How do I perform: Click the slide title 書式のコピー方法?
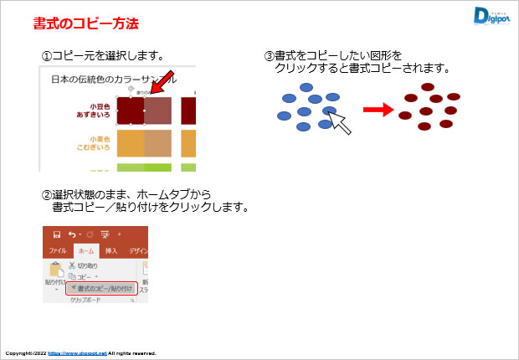tap(85, 23)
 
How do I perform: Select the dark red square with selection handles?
tap(131, 111)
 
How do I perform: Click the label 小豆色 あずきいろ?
tap(90, 111)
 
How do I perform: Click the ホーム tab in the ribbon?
tap(85, 250)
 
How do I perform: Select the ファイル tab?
tap(57, 250)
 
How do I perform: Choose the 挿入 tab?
tap(111, 250)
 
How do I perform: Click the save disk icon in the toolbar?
tap(56, 234)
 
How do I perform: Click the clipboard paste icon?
tap(54, 270)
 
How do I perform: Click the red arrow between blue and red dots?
tap(378, 110)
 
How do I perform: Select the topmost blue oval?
tap(306, 87)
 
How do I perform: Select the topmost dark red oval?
tap(428, 87)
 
